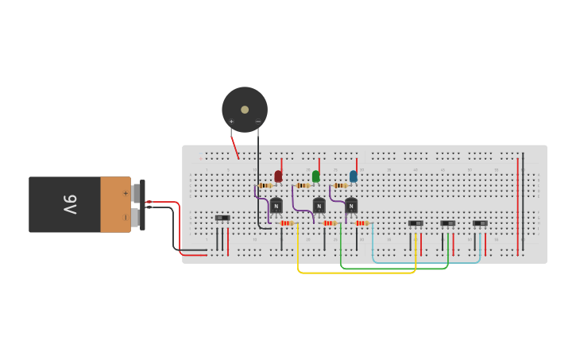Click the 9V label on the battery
click(70, 204)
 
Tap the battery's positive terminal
click(137, 193)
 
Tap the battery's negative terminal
click(137, 217)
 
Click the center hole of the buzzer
click(245, 110)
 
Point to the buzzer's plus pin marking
click(231, 122)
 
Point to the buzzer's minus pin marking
click(257, 122)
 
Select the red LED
click(278, 176)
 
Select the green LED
click(315, 176)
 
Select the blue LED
click(354, 176)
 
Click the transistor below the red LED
click(276, 206)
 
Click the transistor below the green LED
click(319, 206)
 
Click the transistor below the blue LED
click(351, 206)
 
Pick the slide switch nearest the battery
click(222, 218)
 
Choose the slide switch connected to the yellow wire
click(416, 223)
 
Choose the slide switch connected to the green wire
click(448, 223)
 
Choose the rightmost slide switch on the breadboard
click(481, 223)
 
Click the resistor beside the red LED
click(265, 185)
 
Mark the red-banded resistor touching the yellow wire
click(287, 223)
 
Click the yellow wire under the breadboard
click(358, 273)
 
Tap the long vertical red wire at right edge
click(517, 207)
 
